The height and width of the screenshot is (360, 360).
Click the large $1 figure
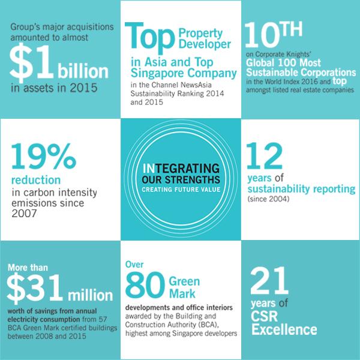click(x=31, y=62)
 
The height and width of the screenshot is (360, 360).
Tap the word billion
click(x=83, y=71)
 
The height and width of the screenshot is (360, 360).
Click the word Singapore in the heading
click(x=157, y=73)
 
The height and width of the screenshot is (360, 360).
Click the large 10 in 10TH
click(x=262, y=35)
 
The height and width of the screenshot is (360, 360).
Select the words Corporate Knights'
click(x=283, y=54)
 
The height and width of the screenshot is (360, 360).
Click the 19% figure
click(x=44, y=156)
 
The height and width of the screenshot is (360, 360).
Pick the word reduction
click(x=36, y=180)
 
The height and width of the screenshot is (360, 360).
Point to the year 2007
click(x=24, y=214)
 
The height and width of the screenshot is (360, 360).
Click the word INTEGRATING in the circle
click(x=181, y=168)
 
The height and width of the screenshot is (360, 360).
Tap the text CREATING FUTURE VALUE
click(x=181, y=190)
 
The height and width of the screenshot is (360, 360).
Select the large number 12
click(x=264, y=156)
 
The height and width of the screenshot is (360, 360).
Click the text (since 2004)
click(x=268, y=199)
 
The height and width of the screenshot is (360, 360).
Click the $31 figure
click(x=35, y=289)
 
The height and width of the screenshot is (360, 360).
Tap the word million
click(x=91, y=295)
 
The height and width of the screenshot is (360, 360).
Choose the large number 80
click(x=145, y=285)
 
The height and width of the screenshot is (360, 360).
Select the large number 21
click(x=269, y=281)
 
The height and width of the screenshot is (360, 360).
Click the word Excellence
click(x=284, y=329)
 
